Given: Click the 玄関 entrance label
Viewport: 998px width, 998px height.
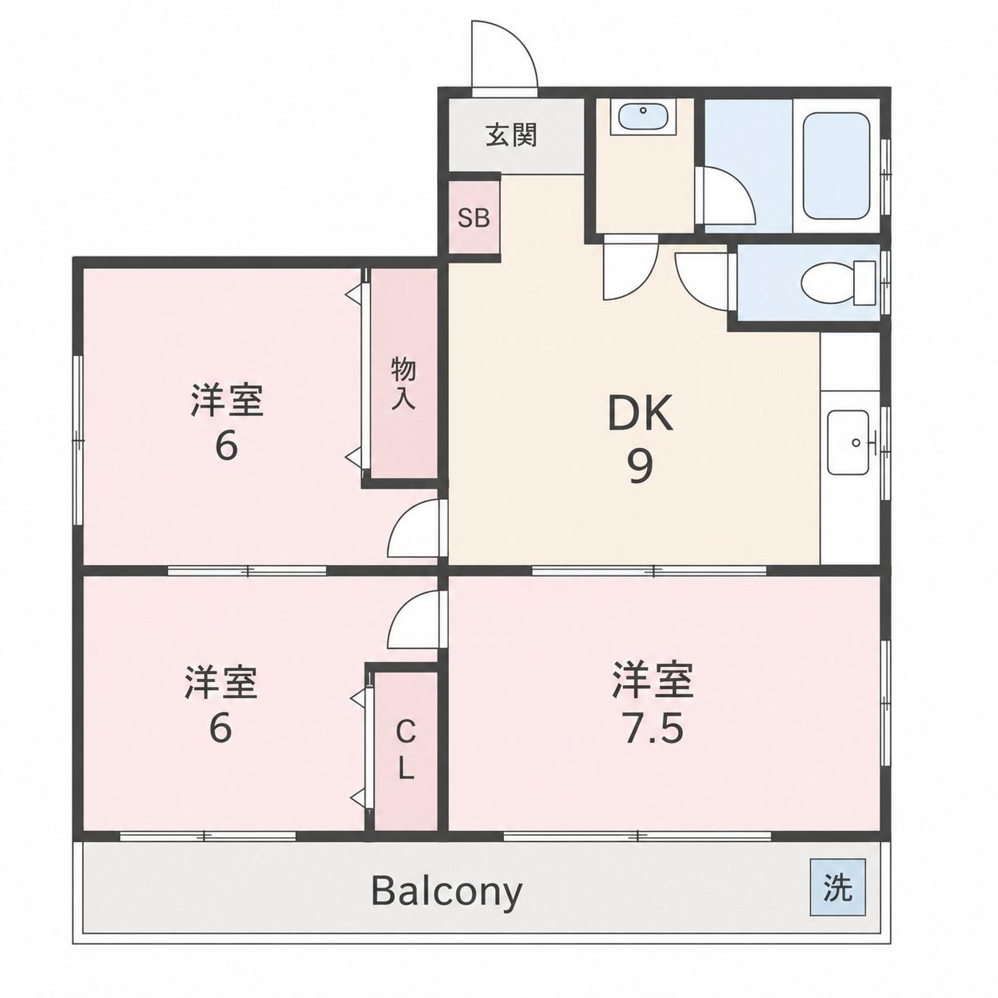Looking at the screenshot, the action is click(511, 136).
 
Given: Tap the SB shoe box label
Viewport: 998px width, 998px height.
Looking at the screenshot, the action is click(474, 218).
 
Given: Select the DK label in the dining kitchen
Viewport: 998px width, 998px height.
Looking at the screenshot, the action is click(640, 413).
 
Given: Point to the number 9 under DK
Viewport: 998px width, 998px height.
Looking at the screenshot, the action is click(640, 466).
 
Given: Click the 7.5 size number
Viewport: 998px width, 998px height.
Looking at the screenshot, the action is click(654, 729).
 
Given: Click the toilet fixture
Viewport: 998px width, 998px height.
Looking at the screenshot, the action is click(837, 283).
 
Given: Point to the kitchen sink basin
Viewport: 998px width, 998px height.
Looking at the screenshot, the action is click(848, 442).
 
